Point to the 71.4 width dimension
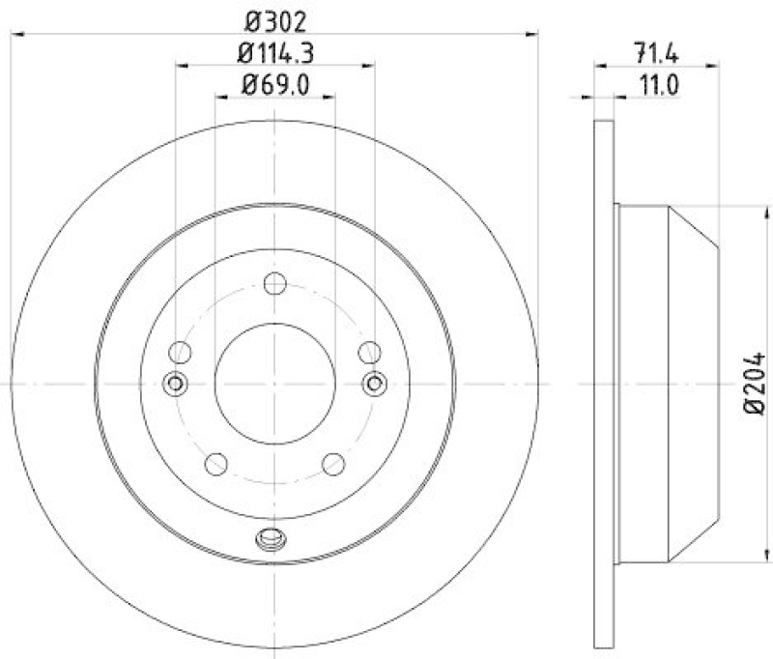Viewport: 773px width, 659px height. tap(656, 51)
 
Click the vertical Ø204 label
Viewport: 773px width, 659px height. tap(754, 383)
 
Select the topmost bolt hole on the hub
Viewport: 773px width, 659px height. tap(274, 284)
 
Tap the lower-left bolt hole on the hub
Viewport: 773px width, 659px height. tap(216, 464)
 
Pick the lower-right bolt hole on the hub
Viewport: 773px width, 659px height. tap(333, 464)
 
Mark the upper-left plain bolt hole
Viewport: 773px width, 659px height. tap(180, 353)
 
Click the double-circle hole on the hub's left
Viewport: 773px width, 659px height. tap(176, 384)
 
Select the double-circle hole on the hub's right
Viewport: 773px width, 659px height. tap(374, 384)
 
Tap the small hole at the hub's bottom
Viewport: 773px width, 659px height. tap(270, 538)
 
